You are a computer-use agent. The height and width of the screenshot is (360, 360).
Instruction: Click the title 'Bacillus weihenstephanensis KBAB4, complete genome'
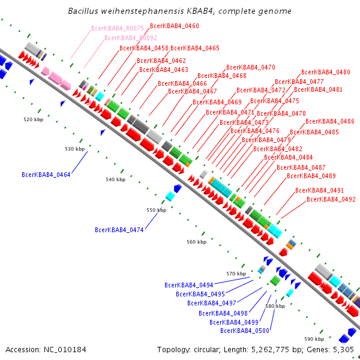tap(180, 11)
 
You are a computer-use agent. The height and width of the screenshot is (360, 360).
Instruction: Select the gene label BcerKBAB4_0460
tap(175, 26)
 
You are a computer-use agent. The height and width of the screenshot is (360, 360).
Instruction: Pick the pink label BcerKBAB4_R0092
tap(131, 38)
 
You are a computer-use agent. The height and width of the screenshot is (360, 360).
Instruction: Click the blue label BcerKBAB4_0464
tap(46, 175)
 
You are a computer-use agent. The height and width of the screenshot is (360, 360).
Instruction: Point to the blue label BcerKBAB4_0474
tap(119, 230)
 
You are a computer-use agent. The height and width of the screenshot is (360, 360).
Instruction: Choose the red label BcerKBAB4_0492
tap(331, 199)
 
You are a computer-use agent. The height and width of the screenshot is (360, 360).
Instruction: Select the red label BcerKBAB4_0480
tap(326, 72)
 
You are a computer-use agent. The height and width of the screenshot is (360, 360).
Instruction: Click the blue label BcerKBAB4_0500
tap(245, 331)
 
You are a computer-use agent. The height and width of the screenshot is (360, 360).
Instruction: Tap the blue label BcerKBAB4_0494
tap(189, 286)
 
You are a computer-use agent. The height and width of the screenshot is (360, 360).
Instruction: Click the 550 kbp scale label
tap(156, 211)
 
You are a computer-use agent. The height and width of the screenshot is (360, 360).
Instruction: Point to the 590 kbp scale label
tap(314, 339)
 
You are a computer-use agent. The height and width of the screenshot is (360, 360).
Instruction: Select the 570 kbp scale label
tap(236, 274)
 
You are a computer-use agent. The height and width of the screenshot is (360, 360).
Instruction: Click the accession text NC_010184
tap(46, 349)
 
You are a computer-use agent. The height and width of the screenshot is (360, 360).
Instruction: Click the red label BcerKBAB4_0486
tap(330, 122)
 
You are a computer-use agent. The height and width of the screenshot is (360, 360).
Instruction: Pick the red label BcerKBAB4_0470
tap(251, 68)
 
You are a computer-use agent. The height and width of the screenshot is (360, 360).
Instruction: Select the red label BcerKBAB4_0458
tap(144, 48)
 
